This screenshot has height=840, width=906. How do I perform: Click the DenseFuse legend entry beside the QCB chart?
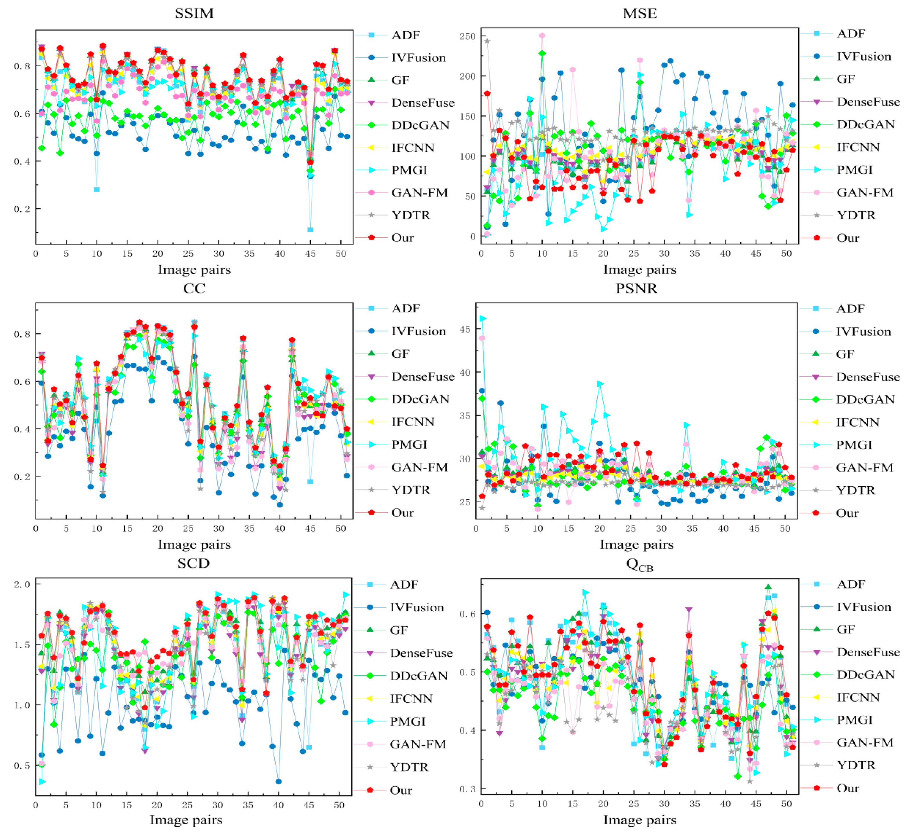[x=868, y=652]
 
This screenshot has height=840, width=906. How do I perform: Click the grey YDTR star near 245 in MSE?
[x=487, y=41]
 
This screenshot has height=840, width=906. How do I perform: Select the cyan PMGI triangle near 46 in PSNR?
[x=483, y=319]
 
